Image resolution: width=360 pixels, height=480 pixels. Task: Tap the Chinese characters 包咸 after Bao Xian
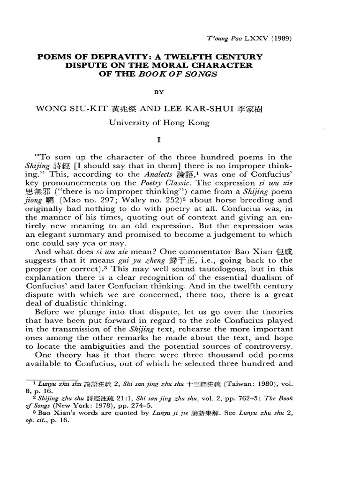point(283,252)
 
